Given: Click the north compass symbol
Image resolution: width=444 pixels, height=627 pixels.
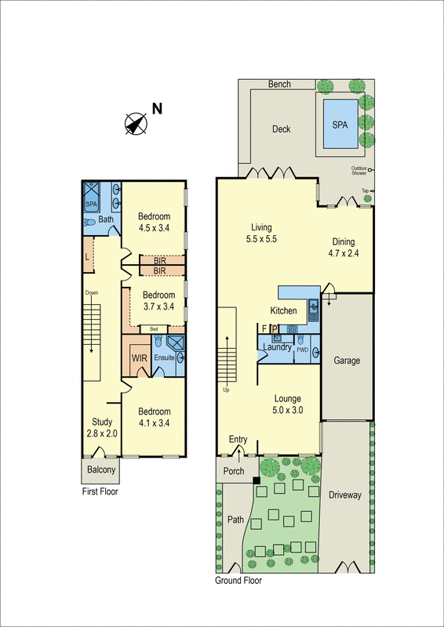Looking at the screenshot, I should pos(137,122).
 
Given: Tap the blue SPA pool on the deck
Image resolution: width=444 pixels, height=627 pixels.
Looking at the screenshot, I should pos(339,125).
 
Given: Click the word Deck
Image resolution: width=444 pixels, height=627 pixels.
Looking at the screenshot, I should pos(281,129).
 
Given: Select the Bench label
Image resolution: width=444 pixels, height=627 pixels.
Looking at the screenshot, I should pos(279,85).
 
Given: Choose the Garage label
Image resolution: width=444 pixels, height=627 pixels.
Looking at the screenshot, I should pos(348,361).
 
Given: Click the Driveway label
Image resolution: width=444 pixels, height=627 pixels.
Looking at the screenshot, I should pos(345,495).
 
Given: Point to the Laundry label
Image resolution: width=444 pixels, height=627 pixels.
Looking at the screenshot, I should pos(278,347).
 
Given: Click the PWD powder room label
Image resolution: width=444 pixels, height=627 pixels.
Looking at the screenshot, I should pos(302,350).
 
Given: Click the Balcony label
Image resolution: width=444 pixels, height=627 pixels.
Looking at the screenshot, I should pos(101,471).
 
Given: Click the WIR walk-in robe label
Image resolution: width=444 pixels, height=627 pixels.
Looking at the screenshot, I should pos(140,358).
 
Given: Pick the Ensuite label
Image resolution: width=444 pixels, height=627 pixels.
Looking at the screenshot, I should pos(165,358).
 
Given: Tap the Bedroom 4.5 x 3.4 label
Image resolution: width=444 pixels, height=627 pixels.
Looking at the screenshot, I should pos(155,223).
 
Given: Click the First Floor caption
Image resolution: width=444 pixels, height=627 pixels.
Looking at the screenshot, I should pos(104,494).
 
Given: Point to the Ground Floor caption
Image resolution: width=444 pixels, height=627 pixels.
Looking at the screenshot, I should pos(238,582).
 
